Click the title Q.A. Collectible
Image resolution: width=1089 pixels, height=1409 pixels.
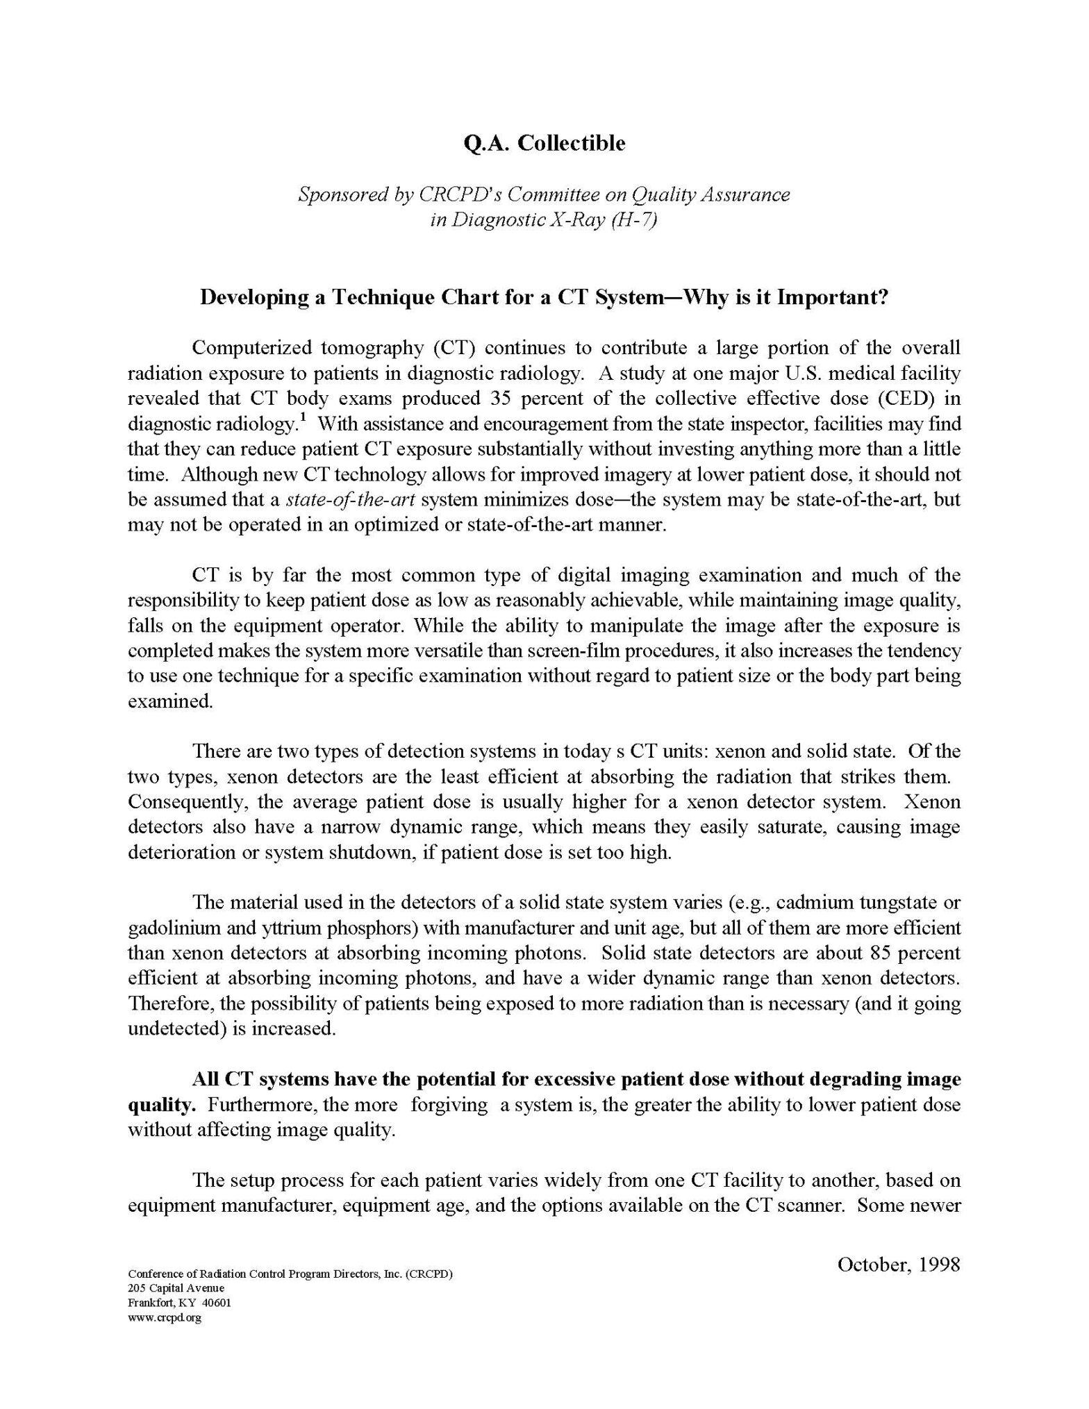tap(544, 144)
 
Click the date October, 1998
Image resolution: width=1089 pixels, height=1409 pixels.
tap(898, 1265)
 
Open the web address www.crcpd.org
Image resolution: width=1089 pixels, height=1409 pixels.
tap(165, 1317)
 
